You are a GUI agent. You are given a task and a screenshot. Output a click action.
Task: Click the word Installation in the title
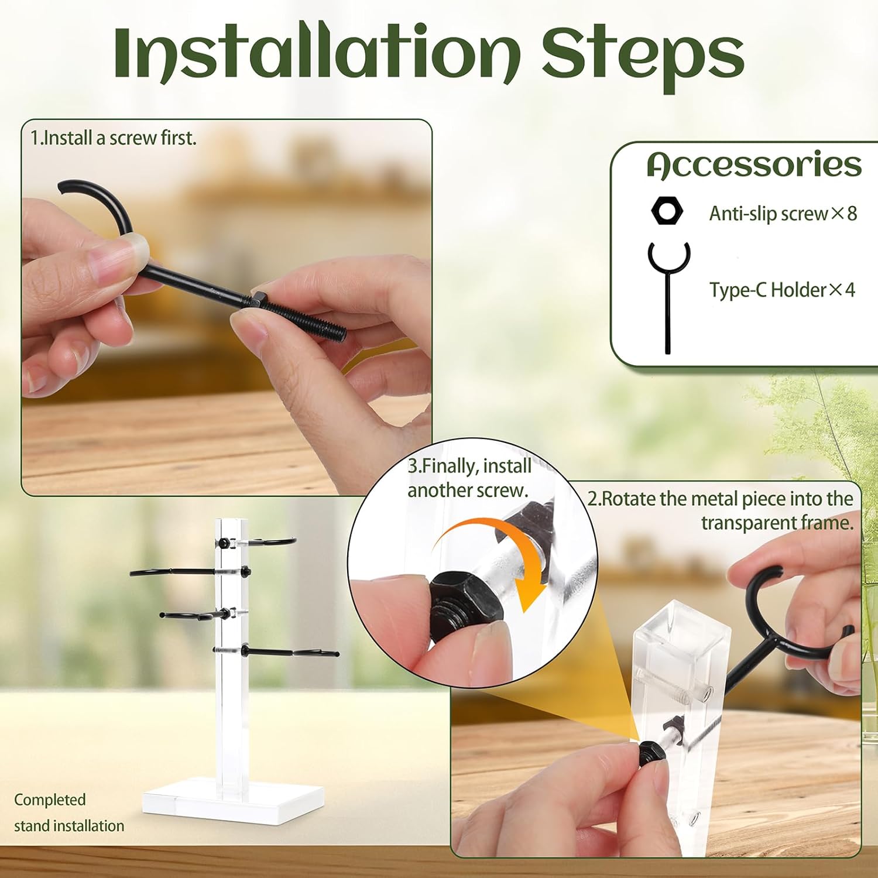point(317,53)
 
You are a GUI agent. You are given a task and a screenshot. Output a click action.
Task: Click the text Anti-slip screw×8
point(783,214)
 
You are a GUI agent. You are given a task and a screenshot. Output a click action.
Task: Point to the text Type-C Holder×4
point(782,290)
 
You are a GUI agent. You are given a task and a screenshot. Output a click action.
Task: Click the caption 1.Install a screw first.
point(114,138)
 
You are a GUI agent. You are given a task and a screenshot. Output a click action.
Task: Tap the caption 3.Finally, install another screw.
point(469,478)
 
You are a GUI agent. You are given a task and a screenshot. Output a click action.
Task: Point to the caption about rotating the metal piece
point(721,510)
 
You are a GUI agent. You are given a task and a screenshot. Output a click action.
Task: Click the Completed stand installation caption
point(69,812)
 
